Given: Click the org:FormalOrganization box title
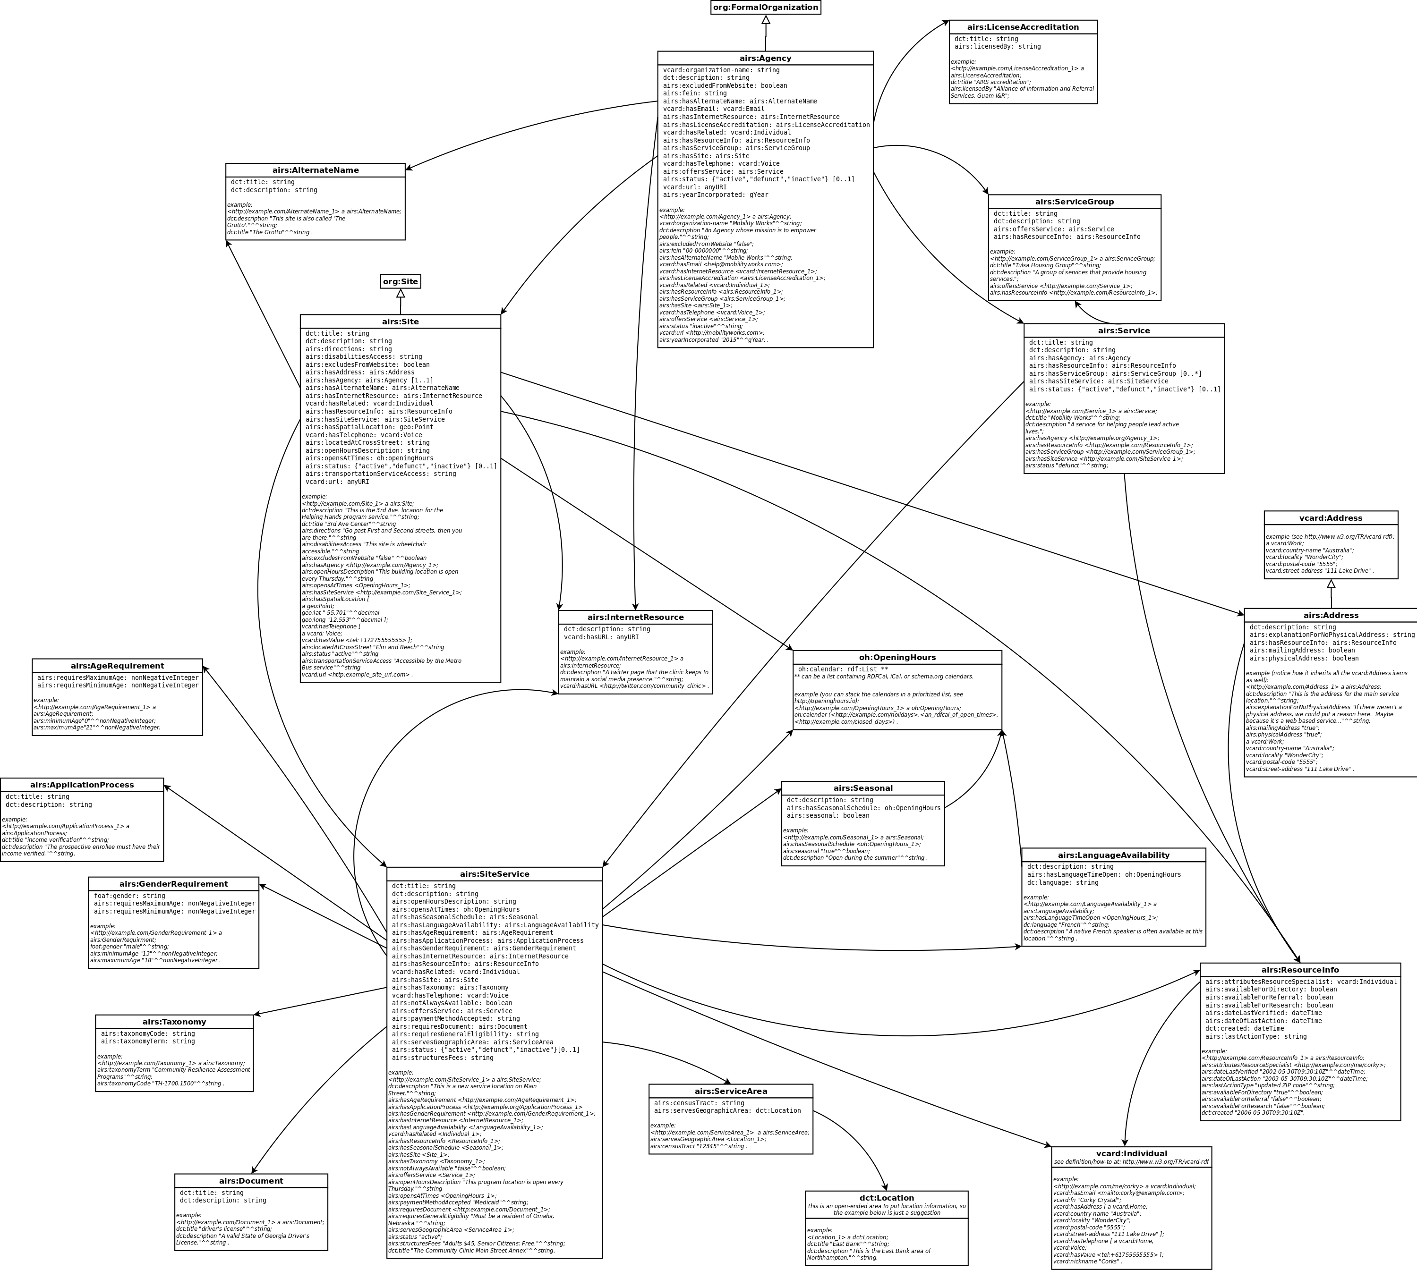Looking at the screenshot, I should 765,8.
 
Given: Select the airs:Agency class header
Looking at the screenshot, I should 765,59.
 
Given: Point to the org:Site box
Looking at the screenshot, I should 401,282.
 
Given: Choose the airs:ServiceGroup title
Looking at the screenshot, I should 1074,202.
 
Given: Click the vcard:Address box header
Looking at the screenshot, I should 1331,518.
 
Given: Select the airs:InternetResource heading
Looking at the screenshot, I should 635,618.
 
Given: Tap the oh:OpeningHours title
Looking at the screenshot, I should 897,657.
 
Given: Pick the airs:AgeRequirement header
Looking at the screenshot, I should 117,666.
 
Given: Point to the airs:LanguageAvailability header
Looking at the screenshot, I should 1113,855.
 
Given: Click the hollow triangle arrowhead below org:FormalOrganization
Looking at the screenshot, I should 766,20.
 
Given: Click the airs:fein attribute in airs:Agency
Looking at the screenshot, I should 685,93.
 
